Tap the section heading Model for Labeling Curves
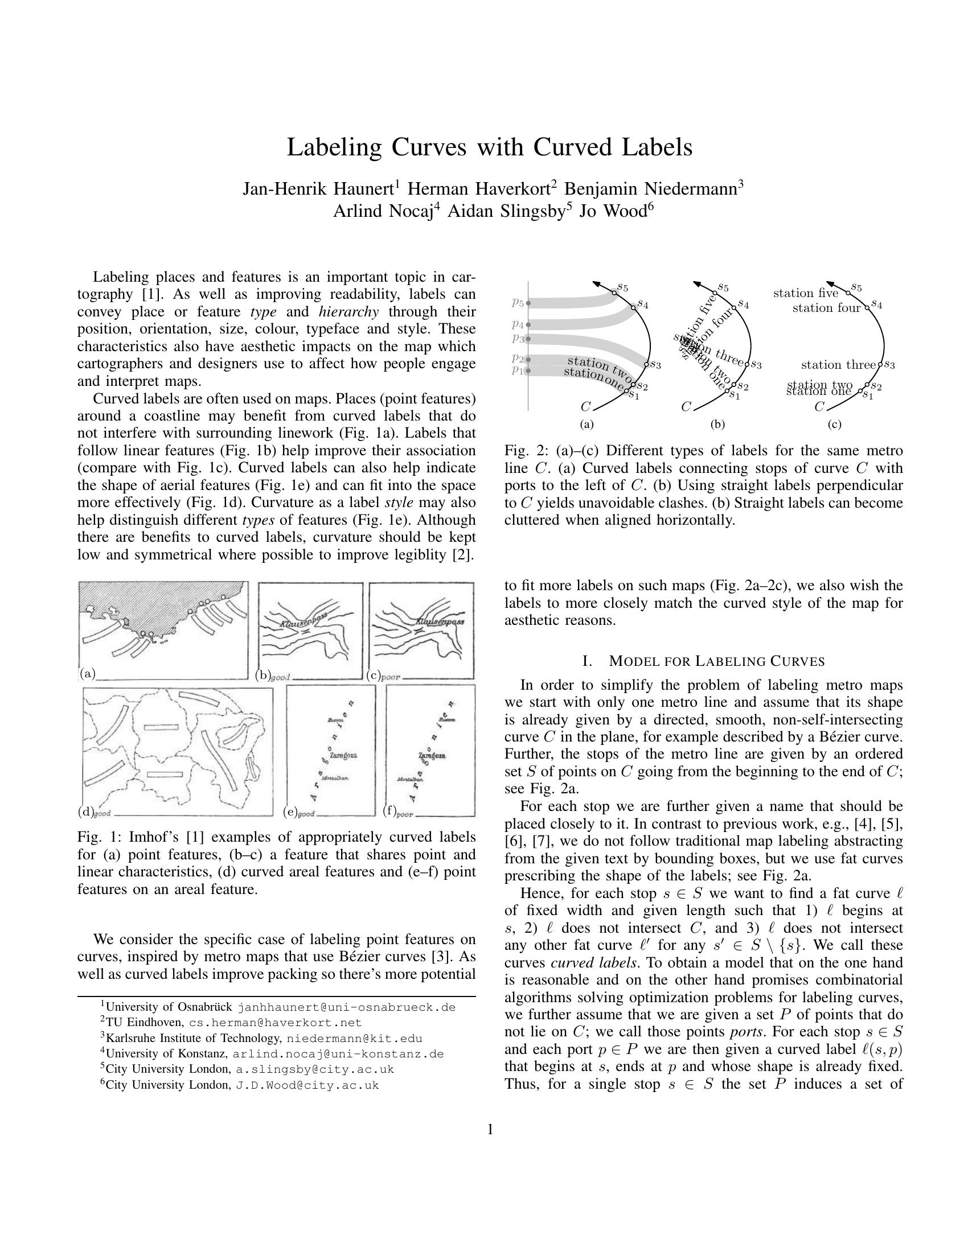point(703,661)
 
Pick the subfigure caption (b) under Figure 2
point(717,425)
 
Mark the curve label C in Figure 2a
point(585,407)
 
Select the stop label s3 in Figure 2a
point(654,365)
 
